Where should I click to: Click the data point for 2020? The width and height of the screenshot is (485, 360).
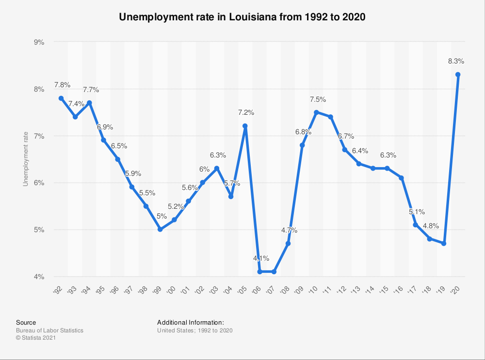tap(457, 74)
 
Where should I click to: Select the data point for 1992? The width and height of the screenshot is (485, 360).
tap(61, 98)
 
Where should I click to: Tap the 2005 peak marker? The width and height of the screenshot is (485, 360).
tap(245, 126)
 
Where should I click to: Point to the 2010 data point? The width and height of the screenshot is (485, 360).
tap(316, 112)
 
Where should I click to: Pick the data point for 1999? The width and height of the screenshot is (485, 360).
tap(160, 229)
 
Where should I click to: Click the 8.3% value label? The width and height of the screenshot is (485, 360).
tap(456, 62)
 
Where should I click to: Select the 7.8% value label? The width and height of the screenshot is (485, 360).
tap(62, 85)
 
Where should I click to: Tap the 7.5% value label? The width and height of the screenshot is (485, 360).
tap(318, 99)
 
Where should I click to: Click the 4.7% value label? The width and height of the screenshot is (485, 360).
tap(289, 231)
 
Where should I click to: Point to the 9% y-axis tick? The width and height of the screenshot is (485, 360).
tap(39, 42)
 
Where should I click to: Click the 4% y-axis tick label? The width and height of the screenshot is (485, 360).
tap(39, 277)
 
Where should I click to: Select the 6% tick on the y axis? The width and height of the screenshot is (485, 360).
tap(39, 183)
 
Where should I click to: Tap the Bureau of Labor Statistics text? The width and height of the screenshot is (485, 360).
tap(49, 330)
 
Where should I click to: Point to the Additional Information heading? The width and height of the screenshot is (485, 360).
tap(191, 322)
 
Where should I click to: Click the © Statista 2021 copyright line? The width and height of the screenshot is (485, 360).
tap(36, 338)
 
